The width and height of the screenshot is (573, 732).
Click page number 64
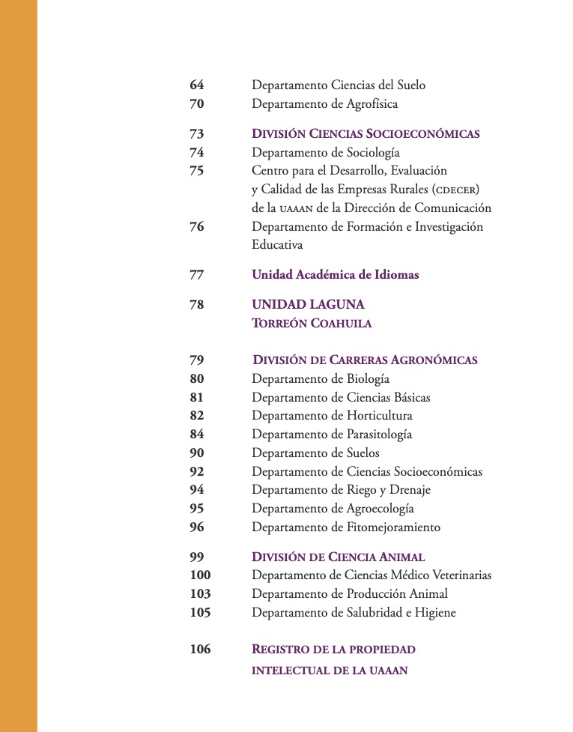pos(196,85)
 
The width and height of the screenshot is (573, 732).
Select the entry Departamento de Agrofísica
pos(324,104)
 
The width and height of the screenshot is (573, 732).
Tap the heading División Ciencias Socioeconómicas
pos(366,134)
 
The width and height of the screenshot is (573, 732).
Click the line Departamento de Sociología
pos(320,153)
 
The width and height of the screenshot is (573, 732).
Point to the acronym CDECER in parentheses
pos(452,190)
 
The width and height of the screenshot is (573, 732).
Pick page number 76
pos(196,226)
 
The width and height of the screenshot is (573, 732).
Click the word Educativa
pos(277,245)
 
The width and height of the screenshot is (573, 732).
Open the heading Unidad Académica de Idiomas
pos(335,275)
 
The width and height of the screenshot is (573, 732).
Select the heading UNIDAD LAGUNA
pos(308,305)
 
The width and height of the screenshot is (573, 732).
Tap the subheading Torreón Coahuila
pos(312,324)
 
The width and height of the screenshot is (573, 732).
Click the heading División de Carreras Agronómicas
pos(365,360)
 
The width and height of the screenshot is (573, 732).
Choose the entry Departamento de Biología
pos(321,379)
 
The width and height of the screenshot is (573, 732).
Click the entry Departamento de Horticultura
pos(332,416)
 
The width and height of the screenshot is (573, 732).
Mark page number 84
pos(196,435)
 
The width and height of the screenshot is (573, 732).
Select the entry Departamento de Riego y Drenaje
pos(341,490)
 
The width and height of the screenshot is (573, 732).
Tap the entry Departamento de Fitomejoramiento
pos(346,527)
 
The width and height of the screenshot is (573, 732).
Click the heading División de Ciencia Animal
pos(338,557)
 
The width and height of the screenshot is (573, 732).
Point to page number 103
pos(200,594)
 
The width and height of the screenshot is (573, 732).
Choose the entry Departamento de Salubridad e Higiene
pos(354,613)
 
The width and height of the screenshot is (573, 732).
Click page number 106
pos(200,650)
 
